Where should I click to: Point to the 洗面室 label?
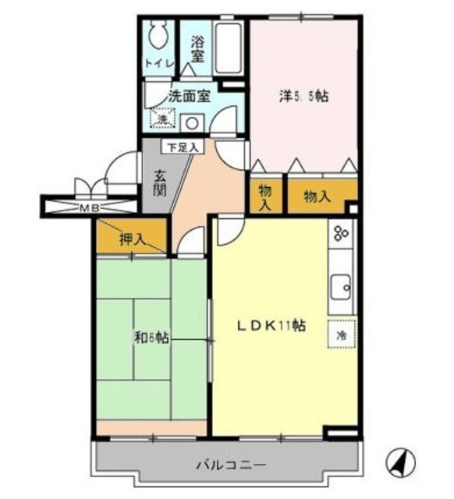click(190, 96)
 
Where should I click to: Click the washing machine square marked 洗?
click(163, 119)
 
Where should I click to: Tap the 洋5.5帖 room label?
click(303, 97)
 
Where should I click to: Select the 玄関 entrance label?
click(159, 183)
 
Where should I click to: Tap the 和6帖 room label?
click(151, 338)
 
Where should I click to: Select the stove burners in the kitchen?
click(341, 234)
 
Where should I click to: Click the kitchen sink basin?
click(341, 287)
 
